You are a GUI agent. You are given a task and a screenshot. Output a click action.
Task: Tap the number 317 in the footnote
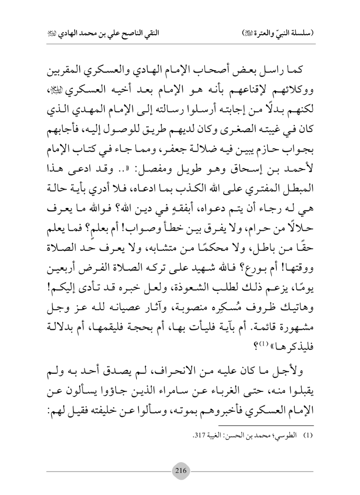pyautogui.click(x=200, y=436)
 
